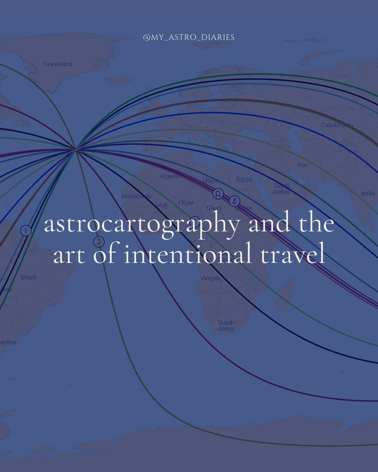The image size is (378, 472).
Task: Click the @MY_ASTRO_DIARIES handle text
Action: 189,37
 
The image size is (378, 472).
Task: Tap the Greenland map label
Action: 58,64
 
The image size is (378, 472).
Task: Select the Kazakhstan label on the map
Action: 337,124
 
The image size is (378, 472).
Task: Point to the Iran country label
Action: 303,164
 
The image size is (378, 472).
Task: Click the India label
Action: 367,193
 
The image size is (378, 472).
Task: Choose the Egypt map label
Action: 244,179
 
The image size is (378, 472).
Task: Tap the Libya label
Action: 210,180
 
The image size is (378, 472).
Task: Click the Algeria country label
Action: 170,176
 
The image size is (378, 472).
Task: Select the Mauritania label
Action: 136,196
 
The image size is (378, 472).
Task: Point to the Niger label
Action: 186,202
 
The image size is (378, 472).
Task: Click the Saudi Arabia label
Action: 281,188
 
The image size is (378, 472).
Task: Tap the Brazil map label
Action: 28,277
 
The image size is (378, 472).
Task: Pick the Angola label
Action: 211,278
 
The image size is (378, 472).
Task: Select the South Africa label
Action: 226,326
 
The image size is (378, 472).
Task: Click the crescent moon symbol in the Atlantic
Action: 99,242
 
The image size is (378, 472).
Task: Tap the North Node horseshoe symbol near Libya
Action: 218,193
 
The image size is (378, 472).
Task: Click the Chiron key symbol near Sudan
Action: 235,201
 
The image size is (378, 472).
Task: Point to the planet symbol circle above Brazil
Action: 26,230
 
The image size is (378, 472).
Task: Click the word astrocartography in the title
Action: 142,225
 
